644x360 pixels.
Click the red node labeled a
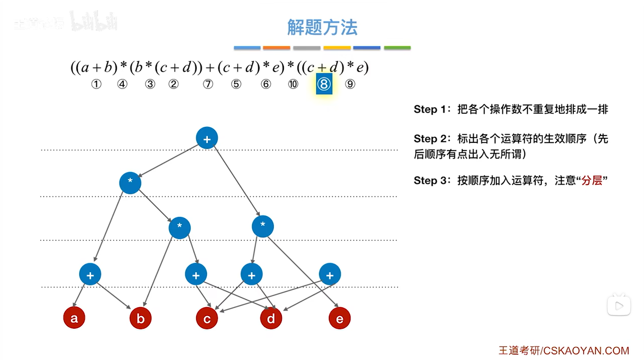pyautogui.click(x=74, y=318)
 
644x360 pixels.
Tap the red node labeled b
pyautogui.click(x=140, y=318)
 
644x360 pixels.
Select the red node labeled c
pyautogui.click(x=207, y=318)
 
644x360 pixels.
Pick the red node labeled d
pyautogui.click(x=271, y=318)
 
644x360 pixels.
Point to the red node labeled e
pyautogui.click(x=340, y=318)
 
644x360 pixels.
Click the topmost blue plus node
pyautogui.click(x=207, y=138)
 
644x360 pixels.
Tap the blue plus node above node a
pyautogui.click(x=90, y=274)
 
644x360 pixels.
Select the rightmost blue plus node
pyautogui.click(x=330, y=274)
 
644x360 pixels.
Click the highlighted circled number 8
pyautogui.click(x=324, y=84)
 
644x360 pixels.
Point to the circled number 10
pyautogui.click(x=293, y=84)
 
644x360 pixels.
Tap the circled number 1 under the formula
pyautogui.click(x=96, y=84)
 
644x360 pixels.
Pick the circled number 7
pyautogui.click(x=208, y=84)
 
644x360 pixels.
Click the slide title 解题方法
pyautogui.click(x=322, y=27)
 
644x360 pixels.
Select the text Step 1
pyautogui.click(x=430, y=109)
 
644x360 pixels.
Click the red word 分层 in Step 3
pyautogui.click(x=592, y=180)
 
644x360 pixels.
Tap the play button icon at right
pyautogui.click(x=619, y=306)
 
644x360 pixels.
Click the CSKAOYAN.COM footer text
pyautogui.click(x=586, y=351)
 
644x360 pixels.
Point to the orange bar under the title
pyautogui.click(x=276, y=48)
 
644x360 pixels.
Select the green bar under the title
pyautogui.click(x=397, y=48)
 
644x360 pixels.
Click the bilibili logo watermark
pyautogui.click(x=94, y=22)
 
